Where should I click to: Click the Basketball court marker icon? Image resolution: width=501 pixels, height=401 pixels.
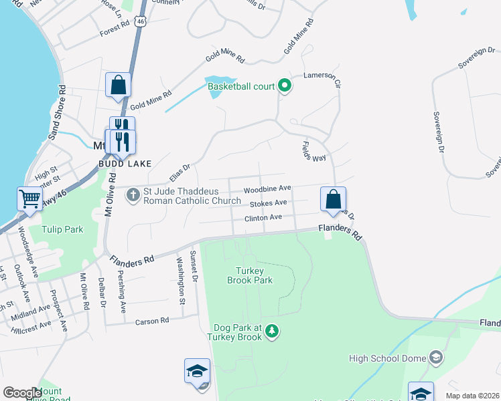coord(284,86)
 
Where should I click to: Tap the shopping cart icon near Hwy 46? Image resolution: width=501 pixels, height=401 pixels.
coord(29,198)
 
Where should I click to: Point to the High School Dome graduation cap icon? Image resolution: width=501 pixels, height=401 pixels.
coord(436,358)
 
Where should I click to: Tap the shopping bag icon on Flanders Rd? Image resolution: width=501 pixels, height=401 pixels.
coord(333,198)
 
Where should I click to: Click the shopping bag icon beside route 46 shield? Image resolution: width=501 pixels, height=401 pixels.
coord(118,85)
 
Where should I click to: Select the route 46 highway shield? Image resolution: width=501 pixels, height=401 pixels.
coord(139,22)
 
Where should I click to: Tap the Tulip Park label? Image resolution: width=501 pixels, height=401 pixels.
coord(61,229)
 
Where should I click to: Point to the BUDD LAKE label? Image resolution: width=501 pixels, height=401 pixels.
coord(125,163)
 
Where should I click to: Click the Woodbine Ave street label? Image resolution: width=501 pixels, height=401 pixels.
coord(267,188)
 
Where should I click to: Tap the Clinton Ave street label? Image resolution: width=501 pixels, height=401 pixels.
coord(263,217)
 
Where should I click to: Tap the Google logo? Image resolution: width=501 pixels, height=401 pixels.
coord(22,393)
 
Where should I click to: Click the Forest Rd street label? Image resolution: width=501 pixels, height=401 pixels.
coord(113,27)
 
